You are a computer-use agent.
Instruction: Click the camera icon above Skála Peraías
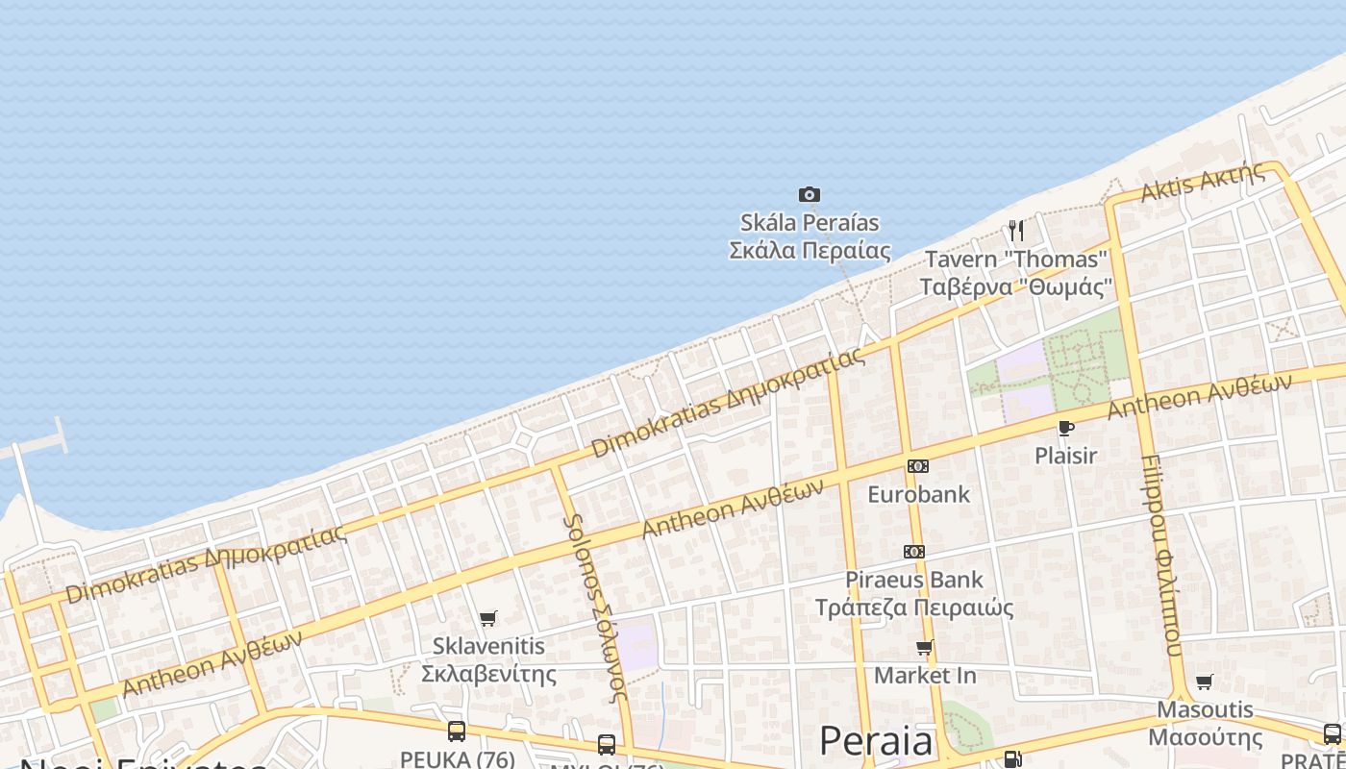tap(810, 195)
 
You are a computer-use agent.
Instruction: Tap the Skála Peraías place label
tap(810, 236)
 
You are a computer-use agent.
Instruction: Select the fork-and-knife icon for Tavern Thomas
tap(1016, 231)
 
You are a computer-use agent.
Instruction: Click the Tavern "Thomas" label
tap(1016, 273)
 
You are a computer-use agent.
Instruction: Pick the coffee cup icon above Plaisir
tap(1065, 428)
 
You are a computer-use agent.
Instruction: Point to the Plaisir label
tap(1065, 456)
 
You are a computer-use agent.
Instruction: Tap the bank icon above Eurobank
tap(918, 466)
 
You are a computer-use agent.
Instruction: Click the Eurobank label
tap(918, 494)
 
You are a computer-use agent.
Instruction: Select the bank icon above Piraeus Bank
tap(914, 552)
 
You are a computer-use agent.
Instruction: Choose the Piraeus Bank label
tap(914, 593)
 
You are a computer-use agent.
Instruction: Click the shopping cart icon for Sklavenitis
tap(488, 618)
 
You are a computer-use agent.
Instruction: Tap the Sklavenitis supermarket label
tap(488, 659)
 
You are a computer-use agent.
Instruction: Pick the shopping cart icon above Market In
tap(925, 648)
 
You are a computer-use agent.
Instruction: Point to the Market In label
tap(925, 676)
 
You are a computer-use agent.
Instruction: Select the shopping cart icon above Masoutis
tap(1205, 682)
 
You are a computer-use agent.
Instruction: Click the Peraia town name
tap(876, 742)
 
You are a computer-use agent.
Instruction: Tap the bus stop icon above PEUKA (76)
tap(457, 732)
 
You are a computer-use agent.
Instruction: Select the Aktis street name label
tap(1202, 182)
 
